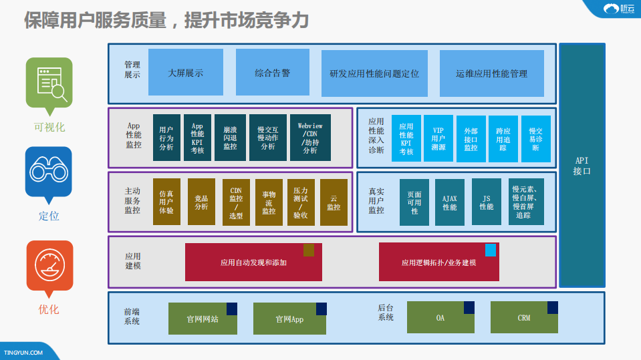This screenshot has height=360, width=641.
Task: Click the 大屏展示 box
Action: (185, 72)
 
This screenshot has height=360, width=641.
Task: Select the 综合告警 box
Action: (273, 72)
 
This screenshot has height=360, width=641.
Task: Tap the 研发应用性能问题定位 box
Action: (374, 73)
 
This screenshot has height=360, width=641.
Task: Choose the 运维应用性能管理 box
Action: (492, 73)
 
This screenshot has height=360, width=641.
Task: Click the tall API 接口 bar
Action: (582, 166)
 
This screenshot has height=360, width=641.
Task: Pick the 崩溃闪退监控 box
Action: (230, 138)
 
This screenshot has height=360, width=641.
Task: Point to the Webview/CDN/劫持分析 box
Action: (310, 138)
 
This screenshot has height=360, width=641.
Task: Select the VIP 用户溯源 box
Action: (438, 139)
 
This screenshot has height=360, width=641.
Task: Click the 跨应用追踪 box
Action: (503, 139)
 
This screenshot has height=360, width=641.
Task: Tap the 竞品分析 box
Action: (201, 202)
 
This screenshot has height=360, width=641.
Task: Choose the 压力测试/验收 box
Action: (300, 202)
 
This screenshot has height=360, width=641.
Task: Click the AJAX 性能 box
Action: (450, 202)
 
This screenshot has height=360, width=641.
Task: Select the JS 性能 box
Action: (486, 202)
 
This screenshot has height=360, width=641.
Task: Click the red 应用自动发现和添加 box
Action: (253, 262)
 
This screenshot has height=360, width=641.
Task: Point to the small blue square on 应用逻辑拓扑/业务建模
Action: (491, 250)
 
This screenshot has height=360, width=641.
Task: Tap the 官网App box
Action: (289, 319)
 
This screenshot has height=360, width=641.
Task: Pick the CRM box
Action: (524, 317)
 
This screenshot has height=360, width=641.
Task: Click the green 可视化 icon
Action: (49, 83)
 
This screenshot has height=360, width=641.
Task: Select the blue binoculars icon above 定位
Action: (48, 172)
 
